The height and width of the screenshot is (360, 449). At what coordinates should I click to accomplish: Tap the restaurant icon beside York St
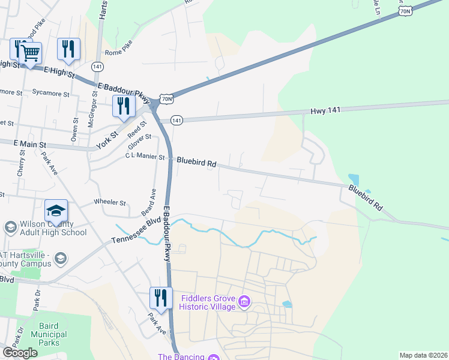124,106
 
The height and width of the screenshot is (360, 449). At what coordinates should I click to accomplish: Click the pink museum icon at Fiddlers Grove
244,301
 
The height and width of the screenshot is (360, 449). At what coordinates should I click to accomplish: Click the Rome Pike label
118,52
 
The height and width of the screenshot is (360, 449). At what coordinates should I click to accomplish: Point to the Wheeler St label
110,202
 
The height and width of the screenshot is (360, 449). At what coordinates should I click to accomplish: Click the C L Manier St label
145,157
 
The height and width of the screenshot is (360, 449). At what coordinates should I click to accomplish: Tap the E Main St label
30,145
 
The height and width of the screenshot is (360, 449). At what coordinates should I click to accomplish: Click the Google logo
20,353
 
